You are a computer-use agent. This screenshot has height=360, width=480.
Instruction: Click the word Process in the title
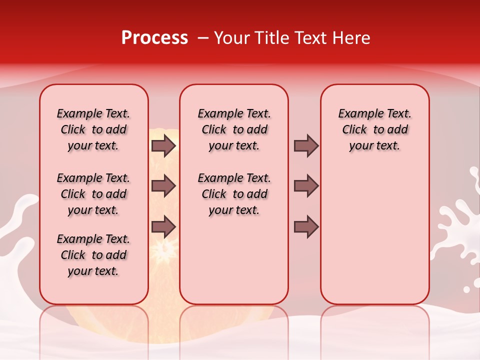click(154, 38)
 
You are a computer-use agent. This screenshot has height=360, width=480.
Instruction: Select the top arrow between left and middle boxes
click(163, 146)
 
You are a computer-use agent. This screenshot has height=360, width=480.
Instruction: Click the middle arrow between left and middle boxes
click(163, 186)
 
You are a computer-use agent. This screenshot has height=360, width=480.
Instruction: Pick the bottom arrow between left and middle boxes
click(163, 226)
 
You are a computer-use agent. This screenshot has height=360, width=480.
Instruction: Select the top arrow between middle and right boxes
click(306, 146)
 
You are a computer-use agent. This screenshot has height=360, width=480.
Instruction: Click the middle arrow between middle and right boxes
click(306, 186)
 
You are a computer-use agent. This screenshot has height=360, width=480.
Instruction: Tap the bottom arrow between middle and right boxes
click(306, 226)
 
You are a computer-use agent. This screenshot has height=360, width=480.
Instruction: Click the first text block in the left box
click(93, 129)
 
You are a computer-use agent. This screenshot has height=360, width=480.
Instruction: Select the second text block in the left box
click(93, 194)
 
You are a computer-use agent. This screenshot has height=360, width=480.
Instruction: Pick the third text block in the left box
click(93, 255)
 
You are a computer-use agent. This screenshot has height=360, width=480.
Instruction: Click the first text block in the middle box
click(234, 129)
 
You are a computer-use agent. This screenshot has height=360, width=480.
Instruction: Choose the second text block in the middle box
click(234, 194)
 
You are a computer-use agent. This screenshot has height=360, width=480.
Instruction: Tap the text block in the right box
click(374, 129)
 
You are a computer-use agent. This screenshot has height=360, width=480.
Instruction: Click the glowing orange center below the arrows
click(164, 248)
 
